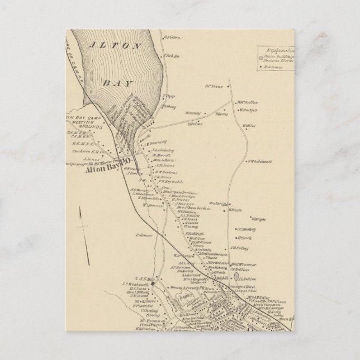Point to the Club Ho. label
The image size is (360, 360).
pyautogui.click(x=170, y=55)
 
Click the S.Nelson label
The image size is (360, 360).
pyautogui.click(x=195, y=125)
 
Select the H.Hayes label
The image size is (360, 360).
pyautogui.click(x=235, y=210)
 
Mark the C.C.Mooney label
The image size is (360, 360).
pyautogui.click(x=246, y=229)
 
